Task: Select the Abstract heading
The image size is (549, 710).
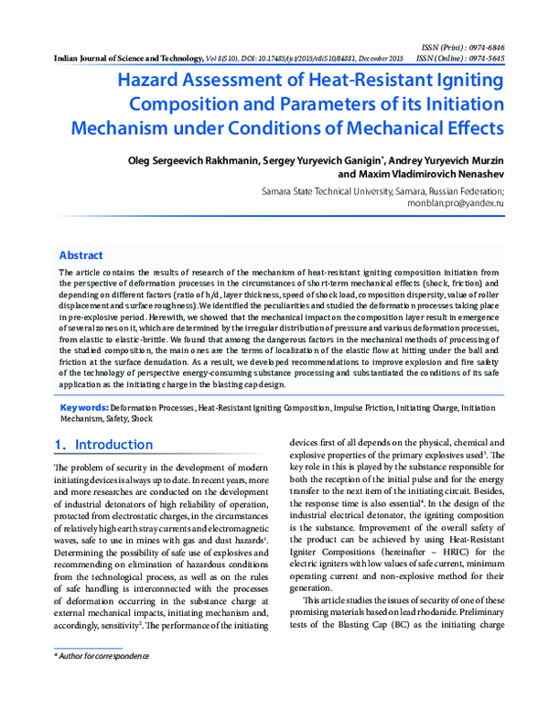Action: tap(81, 255)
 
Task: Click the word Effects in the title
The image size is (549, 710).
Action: tap(468, 126)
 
